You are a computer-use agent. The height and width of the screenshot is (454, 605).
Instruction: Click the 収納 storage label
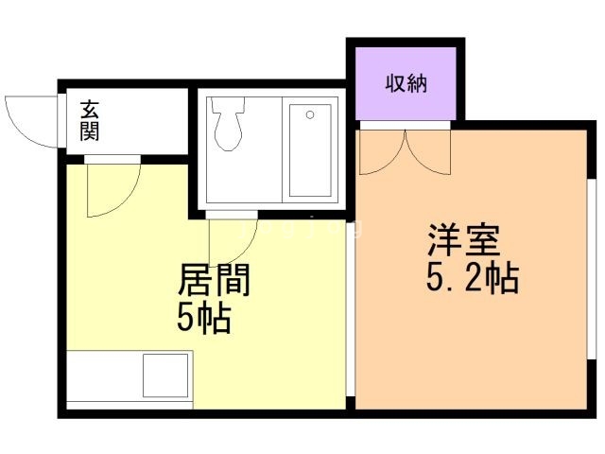406,83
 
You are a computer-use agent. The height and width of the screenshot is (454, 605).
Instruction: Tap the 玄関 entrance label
90,120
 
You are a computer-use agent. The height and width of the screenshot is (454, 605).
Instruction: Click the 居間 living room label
215,281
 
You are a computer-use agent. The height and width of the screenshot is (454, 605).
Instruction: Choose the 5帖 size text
204,320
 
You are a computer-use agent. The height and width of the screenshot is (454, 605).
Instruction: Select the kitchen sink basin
166,375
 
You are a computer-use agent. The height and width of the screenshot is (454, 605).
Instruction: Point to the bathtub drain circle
309,115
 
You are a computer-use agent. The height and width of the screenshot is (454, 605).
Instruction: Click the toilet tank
228,105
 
